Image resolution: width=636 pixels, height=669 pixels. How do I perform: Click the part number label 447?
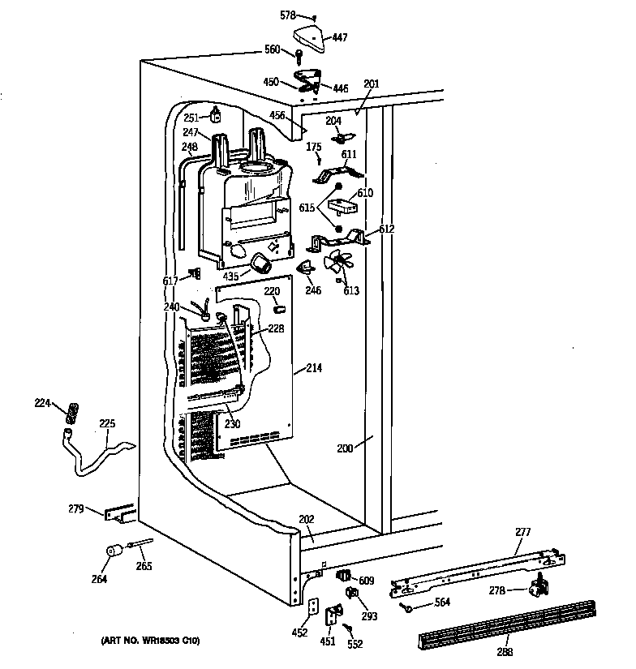[x=340, y=37]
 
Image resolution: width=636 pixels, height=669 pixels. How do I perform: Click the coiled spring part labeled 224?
[x=71, y=412]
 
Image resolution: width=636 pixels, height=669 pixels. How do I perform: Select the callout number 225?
[x=107, y=423]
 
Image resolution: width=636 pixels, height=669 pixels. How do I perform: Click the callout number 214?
[x=313, y=369]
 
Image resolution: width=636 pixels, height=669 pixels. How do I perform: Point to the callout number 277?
[x=524, y=533]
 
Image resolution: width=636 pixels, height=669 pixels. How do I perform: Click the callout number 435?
[x=231, y=277]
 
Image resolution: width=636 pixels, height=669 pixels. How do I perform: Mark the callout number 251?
[x=191, y=118]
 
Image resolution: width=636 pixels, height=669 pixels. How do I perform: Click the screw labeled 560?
[x=299, y=56]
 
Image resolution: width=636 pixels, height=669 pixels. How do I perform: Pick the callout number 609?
[x=366, y=581]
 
